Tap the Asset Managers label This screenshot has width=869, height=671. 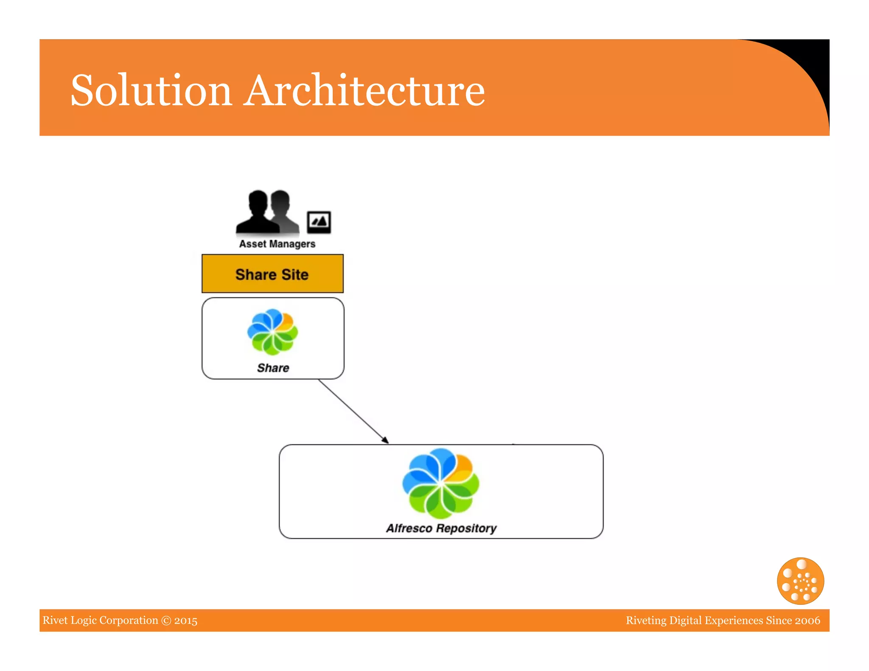tap(277, 244)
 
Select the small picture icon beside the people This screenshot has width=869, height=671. tap(319, 222)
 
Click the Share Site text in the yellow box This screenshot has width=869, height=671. tap(272, 274)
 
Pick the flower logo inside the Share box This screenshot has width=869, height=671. tap(272, 332)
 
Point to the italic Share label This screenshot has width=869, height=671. tap(273, 368)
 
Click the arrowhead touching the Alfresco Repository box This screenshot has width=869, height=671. tap(385, 440)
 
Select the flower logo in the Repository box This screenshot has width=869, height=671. tap(440, 484)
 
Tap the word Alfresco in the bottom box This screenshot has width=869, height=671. tap(409, 528)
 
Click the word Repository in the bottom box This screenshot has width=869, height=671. tap(466, 528)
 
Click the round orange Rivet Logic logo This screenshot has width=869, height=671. tap(800, 581)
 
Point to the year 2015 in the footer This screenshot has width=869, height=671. tap(186, 621)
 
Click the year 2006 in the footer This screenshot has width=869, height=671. tap(807, 621)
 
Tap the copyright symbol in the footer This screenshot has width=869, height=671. tap(166, 621)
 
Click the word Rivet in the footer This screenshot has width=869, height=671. tap(55, 621)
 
